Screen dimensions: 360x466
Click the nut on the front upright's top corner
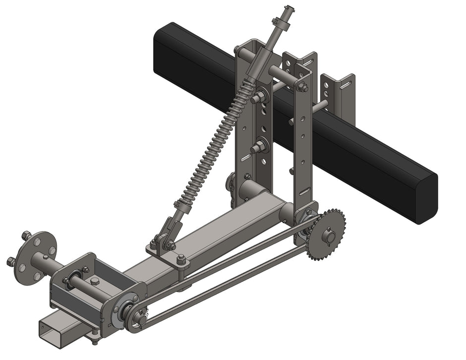point(302,88)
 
